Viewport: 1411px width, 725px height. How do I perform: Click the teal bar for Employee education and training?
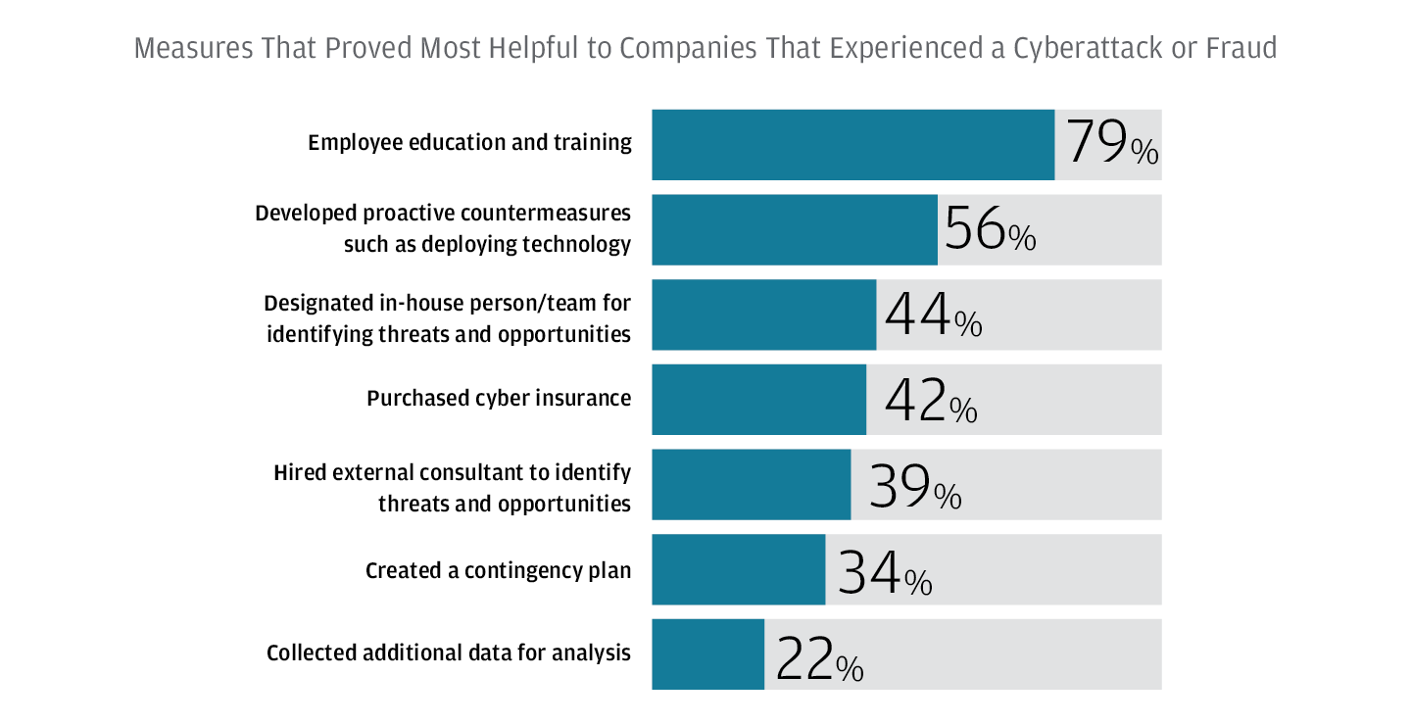852,145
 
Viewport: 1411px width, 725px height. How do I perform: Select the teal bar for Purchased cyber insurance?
758,400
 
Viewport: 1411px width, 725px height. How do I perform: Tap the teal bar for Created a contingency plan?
738,569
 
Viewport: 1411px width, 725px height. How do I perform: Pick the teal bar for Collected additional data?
707,654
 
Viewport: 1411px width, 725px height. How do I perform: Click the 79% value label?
1111,144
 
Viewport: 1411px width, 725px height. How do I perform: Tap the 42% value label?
930,401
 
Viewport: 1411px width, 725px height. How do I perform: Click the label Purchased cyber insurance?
499,399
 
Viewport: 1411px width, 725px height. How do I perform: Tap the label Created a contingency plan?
498,570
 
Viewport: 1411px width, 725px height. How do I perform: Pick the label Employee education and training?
469,143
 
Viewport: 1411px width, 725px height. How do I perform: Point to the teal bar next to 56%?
794,230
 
